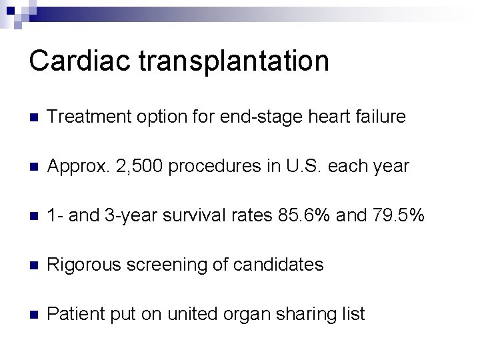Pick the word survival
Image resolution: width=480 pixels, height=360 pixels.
201,216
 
